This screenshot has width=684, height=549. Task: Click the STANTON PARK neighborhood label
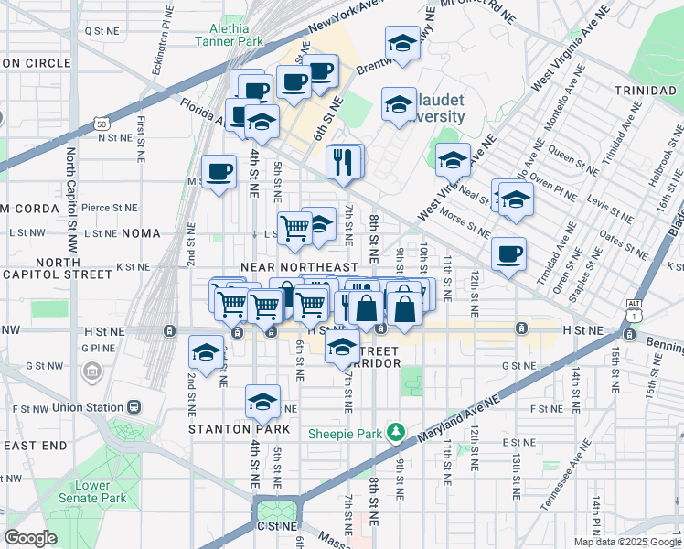pos(226,428)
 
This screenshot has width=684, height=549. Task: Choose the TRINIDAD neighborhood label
pos(646,92)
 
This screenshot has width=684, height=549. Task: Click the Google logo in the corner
pos(30,538)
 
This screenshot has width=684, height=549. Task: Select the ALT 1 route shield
pos(634,308)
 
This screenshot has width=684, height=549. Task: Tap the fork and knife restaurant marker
pos(343,162)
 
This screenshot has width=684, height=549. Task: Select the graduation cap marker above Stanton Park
pos(262,401)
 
